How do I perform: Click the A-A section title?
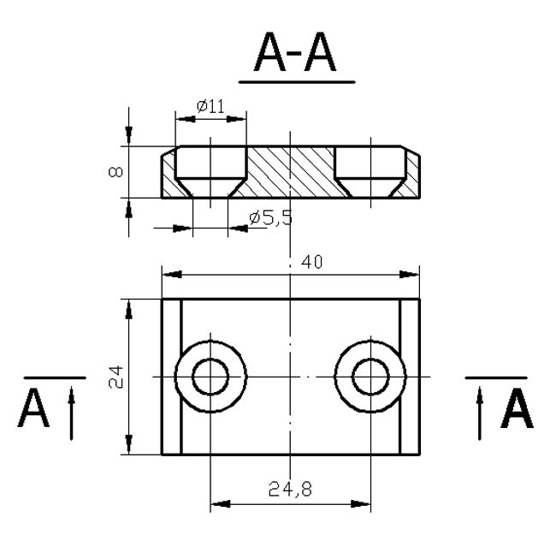pyautogui.click(x=294, y=52)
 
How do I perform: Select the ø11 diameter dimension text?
pyautogui.click(x=210, y=106)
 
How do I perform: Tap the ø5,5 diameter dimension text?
pyautogui.click(x=271, y=217)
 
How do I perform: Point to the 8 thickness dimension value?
pyautogui.click(x=115, y=172)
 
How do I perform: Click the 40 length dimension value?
pyautogui.click(x=312, y=262)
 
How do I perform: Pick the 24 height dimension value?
pyautogui.click(x=115, y=377)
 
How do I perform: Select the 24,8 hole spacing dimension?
pyautogui.click(x=291, y=489)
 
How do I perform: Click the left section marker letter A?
pyautogui.click(x=33, y=408)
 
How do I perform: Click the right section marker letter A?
pyautogui.click(x=517, y=408)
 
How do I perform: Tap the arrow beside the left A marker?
pyautogui.click(x=72, y=413)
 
